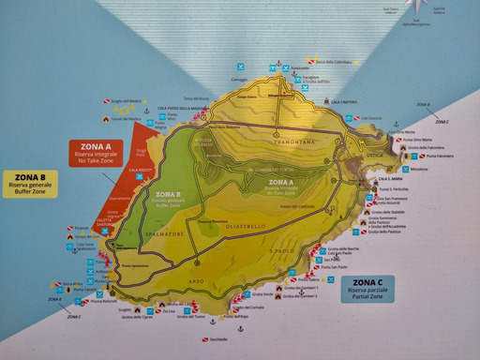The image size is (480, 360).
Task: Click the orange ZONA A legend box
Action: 96,153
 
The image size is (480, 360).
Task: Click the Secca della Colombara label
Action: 332,62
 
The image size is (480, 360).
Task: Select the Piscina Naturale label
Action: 104,301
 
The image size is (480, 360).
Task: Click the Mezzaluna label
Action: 417,169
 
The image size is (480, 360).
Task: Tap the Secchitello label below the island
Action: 217,339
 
